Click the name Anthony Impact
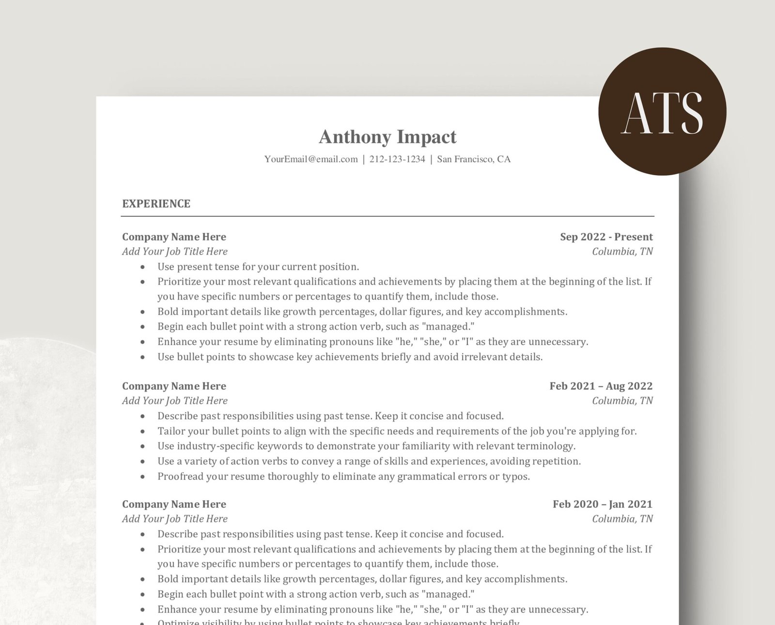click(387, 137)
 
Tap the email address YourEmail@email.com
click(311, 159)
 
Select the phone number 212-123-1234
click(397, 159)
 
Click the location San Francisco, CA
click(474, 159)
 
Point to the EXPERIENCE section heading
click(156, 204)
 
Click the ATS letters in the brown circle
click(662, 113)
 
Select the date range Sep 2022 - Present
click(606, 237)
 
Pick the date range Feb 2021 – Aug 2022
click(601, 386)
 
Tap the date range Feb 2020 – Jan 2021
click(602, 504)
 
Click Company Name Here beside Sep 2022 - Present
click(174, 237)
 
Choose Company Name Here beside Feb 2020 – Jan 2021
click(174, 504)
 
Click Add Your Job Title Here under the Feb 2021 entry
click(174, 400)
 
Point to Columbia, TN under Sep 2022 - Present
click(622, 251)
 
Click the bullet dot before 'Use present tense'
click(142, 267)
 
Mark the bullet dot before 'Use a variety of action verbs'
click(142, 461)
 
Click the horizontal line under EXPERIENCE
click(387, 216)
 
